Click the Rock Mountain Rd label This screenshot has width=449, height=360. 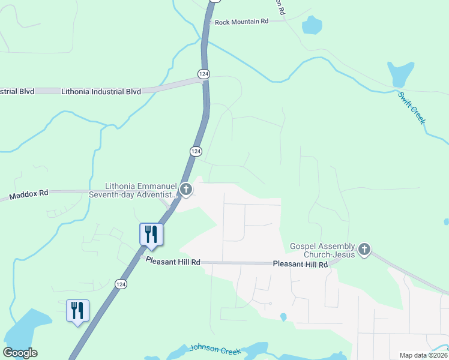click(x=241, y=22)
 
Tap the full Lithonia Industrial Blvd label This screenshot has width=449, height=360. click(x=101, y=91)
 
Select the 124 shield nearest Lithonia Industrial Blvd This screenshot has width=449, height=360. click(x=204, y=73)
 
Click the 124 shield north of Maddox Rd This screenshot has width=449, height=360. click(x=196, y=152)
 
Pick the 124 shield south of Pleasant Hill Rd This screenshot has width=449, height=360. click(x=121, y=284)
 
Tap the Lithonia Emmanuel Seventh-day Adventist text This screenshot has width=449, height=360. click(x=133, y=190)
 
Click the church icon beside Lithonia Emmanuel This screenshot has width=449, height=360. click(x=186, y=190)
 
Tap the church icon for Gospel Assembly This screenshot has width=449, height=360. click(x=364, y=250)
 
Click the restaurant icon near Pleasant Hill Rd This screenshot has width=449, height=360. click(x=151, y=235)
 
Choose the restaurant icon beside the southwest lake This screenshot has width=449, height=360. click(x=77, y=311)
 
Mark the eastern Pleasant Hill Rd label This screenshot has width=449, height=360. click(x=300, y=264)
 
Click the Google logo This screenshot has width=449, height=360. click(x=20, y=353)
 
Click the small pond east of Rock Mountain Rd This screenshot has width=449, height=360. click(x=311, y=25)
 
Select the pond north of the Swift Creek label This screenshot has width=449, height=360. click(x=400, y=74)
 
